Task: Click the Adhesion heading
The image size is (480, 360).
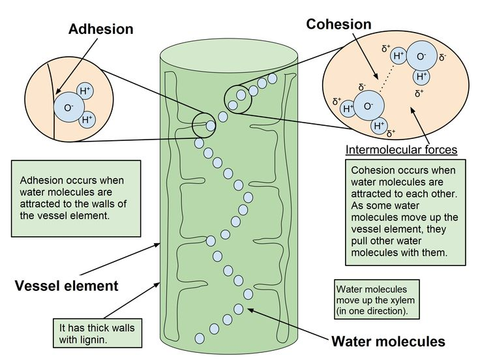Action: click(100, 29)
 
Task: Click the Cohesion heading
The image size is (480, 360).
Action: click(338, 24)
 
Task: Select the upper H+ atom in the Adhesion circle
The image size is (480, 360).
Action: click(85, 91)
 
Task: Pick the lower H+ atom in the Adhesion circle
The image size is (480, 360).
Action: click(87, 120)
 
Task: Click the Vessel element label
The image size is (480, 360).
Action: click(66, 286)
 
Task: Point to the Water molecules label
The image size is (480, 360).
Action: click(388, 341)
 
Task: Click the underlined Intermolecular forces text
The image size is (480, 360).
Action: click(401, 150)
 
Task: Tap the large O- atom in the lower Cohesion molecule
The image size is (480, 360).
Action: click(369, 106)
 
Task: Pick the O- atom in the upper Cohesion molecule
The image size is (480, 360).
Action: click(421, 57)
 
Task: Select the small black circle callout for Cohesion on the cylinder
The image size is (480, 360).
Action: click(238, 98)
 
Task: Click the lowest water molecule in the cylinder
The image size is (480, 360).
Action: click(200, 338)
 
